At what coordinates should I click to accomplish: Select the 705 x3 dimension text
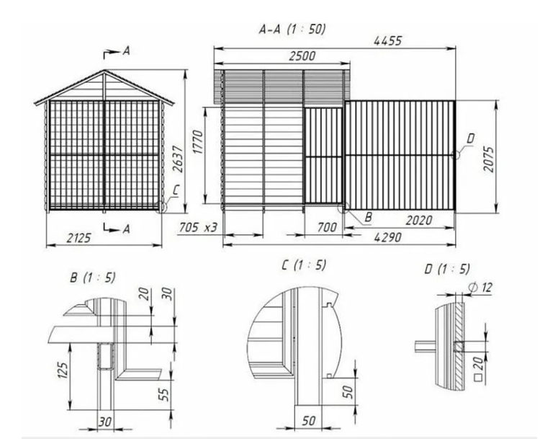(x=199, y=229)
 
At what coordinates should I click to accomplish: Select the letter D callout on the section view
(x=470, y=137)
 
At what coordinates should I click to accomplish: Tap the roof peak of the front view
(x=105, y=71)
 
